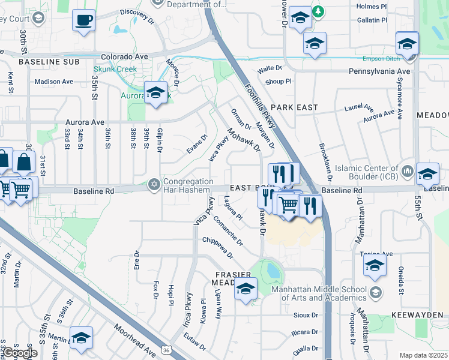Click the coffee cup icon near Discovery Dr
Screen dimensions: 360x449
83,20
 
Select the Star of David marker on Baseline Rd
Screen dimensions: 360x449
155,185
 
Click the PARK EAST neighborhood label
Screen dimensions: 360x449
293,106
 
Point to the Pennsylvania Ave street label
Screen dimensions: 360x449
379,71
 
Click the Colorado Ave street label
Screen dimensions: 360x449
124,57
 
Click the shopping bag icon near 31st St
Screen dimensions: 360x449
24,161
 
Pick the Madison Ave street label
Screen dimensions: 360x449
53,82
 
